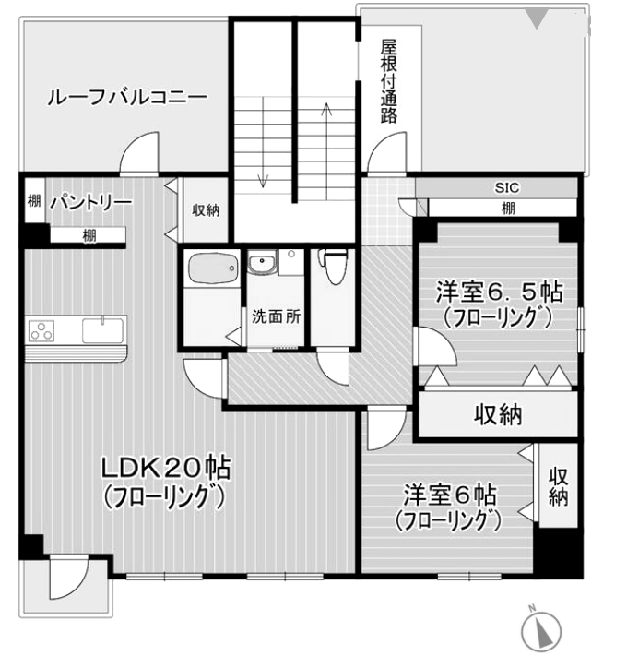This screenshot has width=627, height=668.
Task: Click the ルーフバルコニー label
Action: click(126, 98)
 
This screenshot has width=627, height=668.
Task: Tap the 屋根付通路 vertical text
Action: click(388, 82)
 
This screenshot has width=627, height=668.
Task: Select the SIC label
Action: click(508, 188)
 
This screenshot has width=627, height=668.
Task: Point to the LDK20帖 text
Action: click(166, 468)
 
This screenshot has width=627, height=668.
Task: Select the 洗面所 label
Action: click(276, 316)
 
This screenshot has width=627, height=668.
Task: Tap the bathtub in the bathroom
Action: click(212, 269)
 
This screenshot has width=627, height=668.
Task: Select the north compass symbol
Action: click(542, 632)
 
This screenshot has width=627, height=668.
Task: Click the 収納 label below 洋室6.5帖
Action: click(498, 415)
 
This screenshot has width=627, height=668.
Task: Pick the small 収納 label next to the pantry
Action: click(206, 210)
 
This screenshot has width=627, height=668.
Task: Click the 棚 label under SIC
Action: click(508, 208)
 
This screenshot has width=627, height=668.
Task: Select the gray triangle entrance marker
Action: click(538, 18)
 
